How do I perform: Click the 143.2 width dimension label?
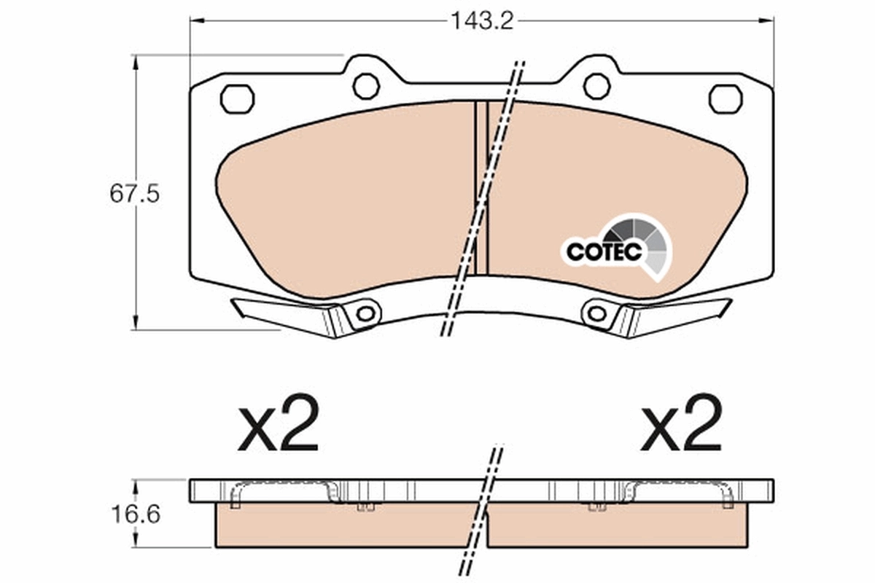(x=481, y=20)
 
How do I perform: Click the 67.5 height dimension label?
(x=134, y=195)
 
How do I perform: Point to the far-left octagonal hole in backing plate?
(x=237, y=98)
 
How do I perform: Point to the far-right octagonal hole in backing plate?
(x=726, y=98)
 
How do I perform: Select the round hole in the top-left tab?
(x=366, y=86)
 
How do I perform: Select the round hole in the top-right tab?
(x=596, y=86)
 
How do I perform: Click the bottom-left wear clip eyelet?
(x=365, y=314)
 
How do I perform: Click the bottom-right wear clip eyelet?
(x=597, y=314)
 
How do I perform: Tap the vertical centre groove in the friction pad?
(x=481, y=188)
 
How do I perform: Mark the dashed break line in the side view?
(x=481, y=510)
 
